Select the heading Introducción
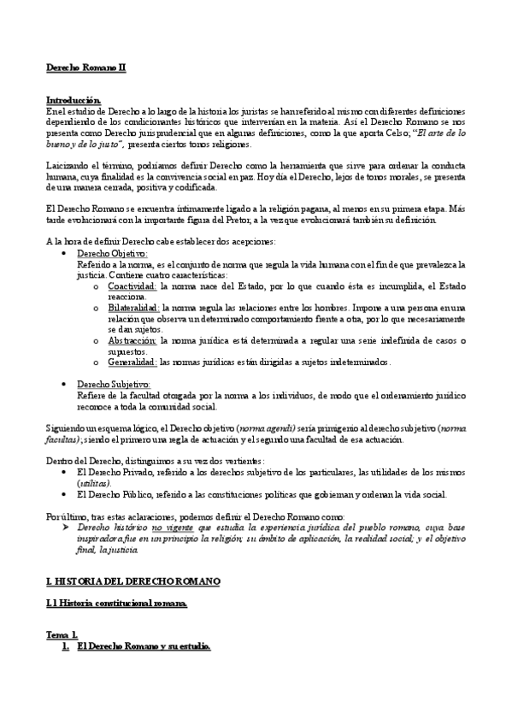74,100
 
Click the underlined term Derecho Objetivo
113,254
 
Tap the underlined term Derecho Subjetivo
114,384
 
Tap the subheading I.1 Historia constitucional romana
116,604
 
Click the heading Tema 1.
62,635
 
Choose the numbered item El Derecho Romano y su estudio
144,646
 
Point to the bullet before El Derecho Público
67,494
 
